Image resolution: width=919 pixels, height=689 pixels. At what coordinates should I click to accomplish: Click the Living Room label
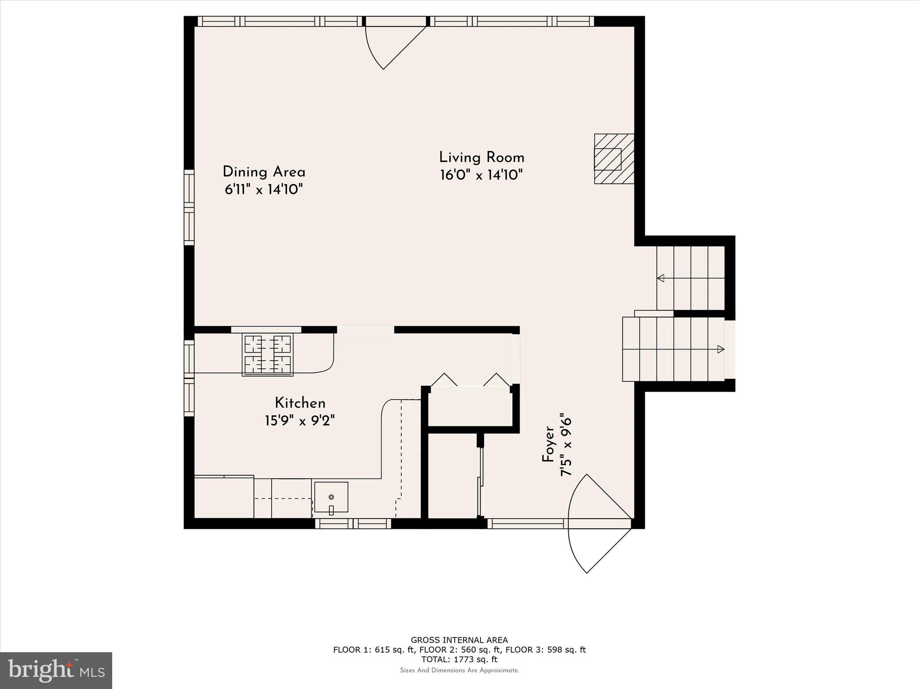click(x=481, y=157)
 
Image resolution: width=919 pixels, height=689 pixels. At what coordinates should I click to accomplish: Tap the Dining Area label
click(x=264, y=172)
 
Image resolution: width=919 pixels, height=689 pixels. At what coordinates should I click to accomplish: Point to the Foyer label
click(x=548, y=445)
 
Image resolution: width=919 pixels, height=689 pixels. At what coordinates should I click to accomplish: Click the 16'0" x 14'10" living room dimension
click(x=481, y=175)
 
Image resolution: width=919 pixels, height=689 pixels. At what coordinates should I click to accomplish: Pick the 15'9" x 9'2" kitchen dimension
click(x=300, y=421)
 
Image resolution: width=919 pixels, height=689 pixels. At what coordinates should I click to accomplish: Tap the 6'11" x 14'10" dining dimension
click(x=264, y=189)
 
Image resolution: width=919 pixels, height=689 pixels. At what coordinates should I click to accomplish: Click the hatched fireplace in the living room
click(x=614, y=159)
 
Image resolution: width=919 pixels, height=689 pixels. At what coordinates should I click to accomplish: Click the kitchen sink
click(x=331, y=497)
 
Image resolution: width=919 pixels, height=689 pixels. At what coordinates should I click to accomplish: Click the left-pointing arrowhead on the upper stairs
click(x=661, y=278)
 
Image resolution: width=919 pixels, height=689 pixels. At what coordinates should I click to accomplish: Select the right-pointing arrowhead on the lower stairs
click(x=721, y=349)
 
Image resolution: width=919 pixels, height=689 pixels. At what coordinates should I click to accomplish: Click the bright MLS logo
click(x=56, y=670)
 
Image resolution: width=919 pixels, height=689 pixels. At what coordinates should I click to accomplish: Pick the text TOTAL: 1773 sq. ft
click(x=459, y=659)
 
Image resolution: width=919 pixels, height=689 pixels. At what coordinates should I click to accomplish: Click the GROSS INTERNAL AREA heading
click(x=459, y=640)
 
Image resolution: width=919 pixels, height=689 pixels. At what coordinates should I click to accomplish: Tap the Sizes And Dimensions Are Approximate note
click(x=459, y=670)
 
